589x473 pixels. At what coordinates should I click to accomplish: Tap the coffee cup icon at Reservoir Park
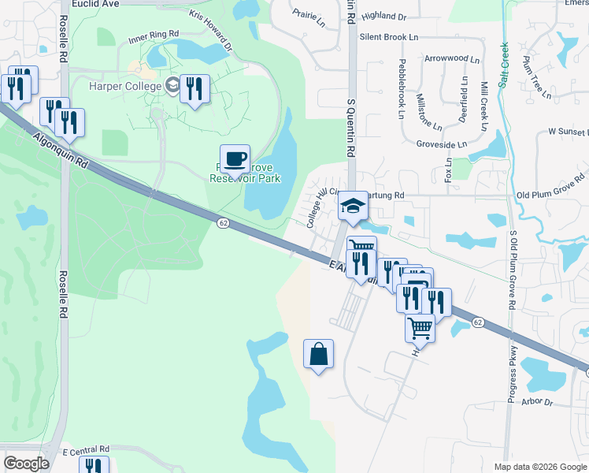pos(235,160)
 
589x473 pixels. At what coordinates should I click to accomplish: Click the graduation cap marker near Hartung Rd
pos(354,207)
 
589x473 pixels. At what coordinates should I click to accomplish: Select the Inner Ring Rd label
pos(153,37)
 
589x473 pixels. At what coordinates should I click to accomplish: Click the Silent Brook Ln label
pos(389,36)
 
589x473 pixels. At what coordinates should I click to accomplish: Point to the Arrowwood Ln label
pos(451,58)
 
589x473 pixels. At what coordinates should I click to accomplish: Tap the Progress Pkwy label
pos(513,375)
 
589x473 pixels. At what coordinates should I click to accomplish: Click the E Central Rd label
pos(85,449)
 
